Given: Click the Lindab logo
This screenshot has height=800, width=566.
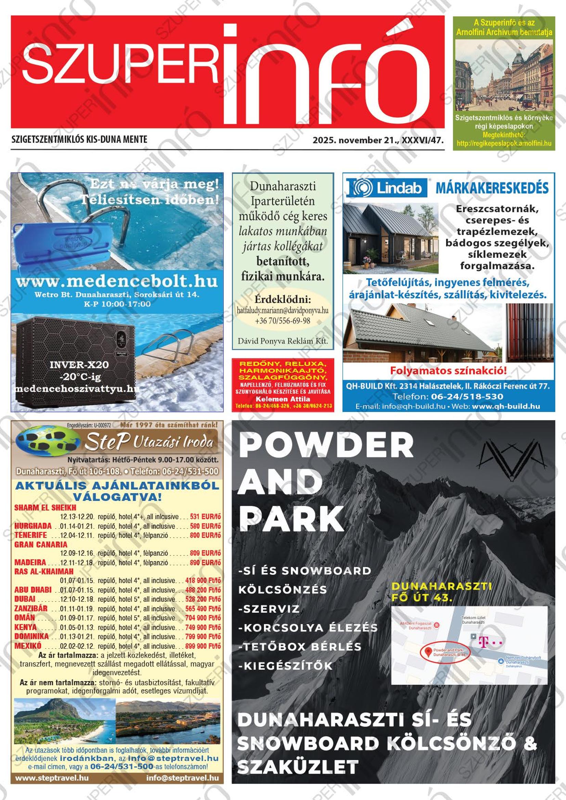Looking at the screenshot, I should point(387,188).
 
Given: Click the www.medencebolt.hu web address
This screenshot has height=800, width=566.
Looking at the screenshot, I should point(116,281).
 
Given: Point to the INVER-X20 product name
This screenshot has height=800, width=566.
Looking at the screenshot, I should point(79,365).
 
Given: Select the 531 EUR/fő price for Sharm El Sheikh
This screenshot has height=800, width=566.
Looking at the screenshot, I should point(205,517).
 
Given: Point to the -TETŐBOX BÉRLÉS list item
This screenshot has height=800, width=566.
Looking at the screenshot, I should point(299,647).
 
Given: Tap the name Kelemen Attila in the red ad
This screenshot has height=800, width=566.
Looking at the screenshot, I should point(282,399).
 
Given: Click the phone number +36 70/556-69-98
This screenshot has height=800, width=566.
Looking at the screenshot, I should point(282,321).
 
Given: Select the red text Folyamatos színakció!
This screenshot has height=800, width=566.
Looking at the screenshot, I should point(448,370).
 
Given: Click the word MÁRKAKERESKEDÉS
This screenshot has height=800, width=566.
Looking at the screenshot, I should point(492,188).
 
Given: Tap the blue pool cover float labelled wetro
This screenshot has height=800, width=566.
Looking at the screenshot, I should point(61,242).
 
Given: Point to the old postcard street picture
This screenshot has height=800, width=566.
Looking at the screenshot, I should point(504,75).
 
